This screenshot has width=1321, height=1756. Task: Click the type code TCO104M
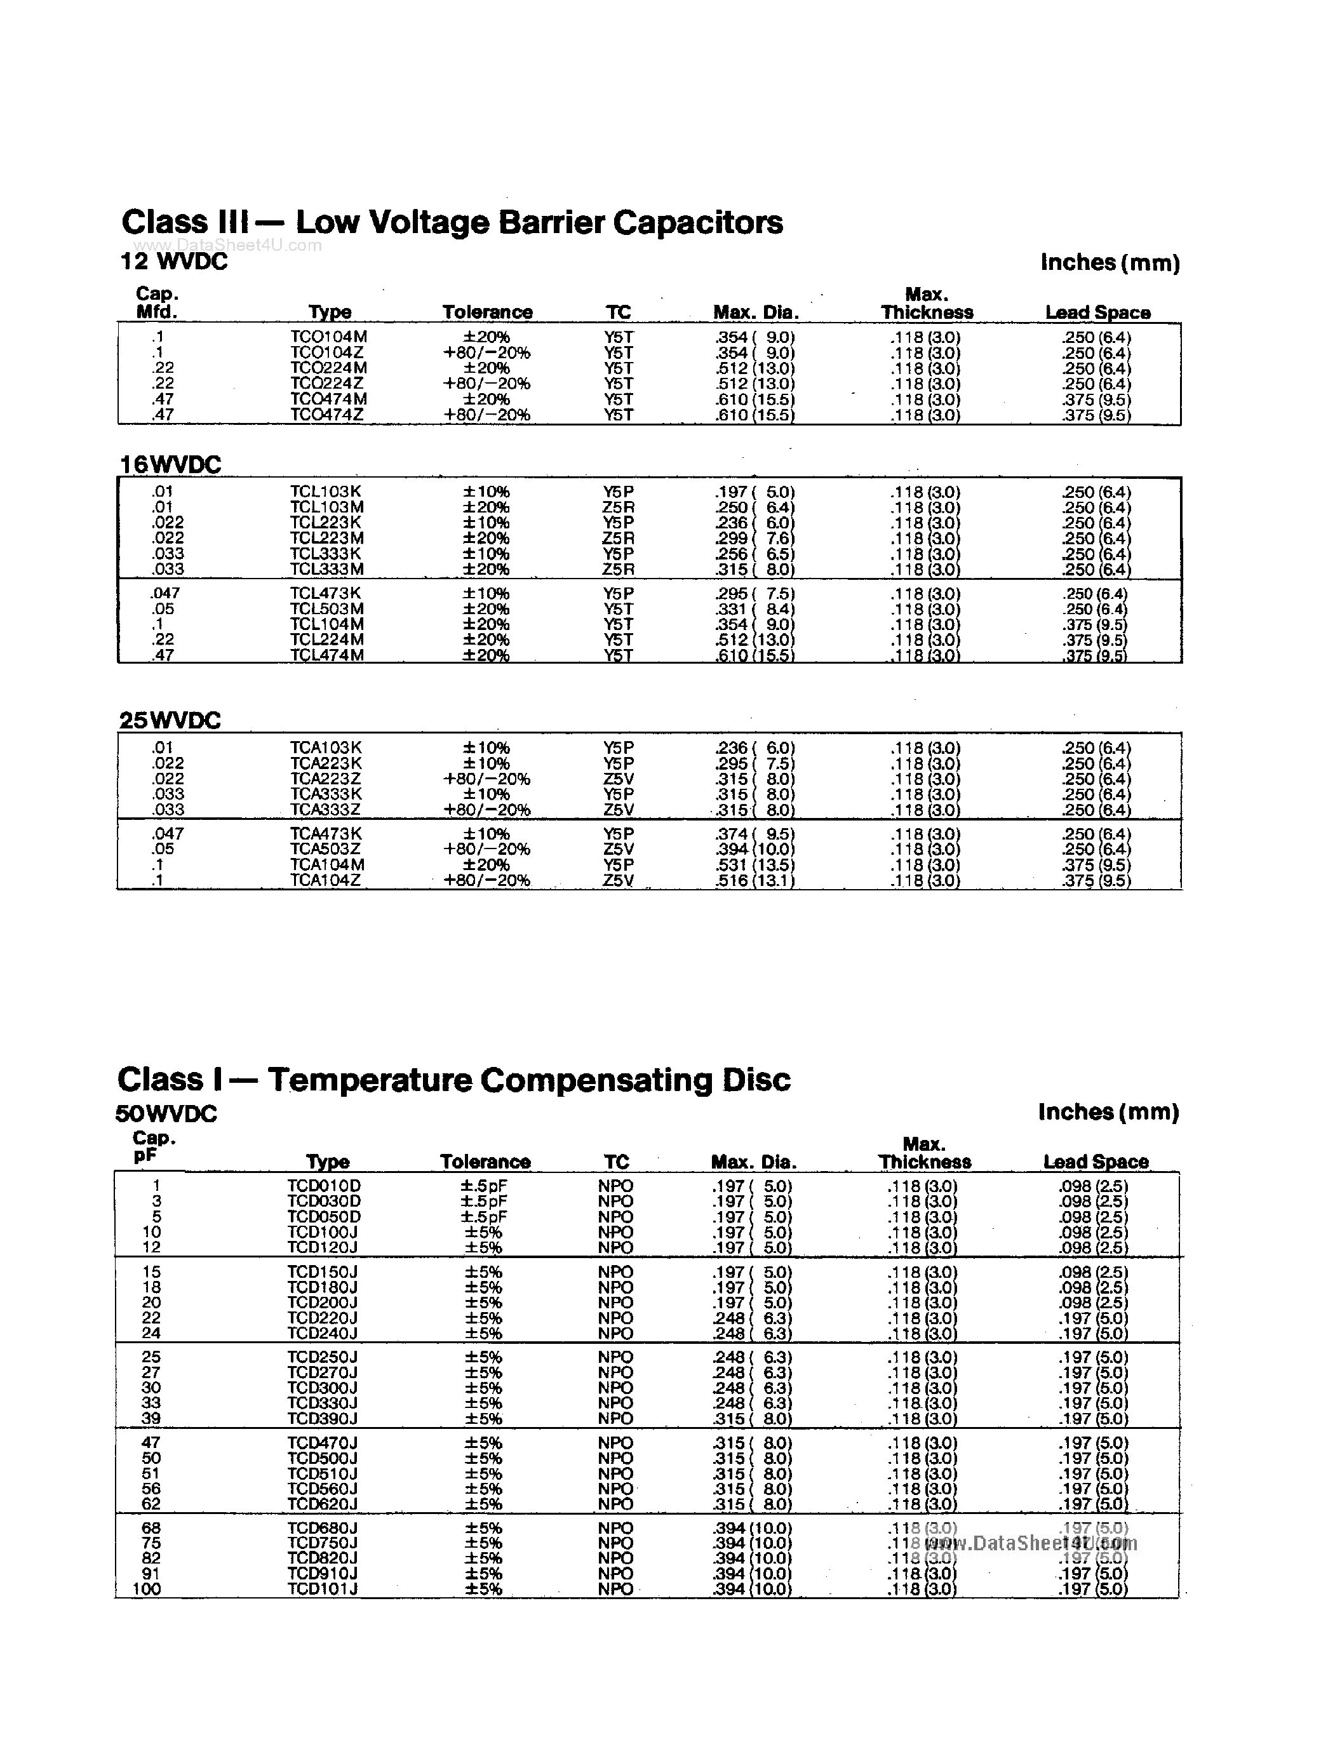click(x=328, y=337)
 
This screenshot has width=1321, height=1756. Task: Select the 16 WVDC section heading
click(x=170, y=464)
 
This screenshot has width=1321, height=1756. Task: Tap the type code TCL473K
click(x=325, y=593)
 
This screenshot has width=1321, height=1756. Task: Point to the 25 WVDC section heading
click(x=170, y=720)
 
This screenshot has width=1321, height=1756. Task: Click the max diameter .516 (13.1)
click(x=755, y=880)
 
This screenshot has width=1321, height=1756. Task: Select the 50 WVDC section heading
click(x=166, y=1114)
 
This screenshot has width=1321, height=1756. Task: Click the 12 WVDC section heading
click(x=173, y=262)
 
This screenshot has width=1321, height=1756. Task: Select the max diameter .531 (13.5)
click(x=755, y=864)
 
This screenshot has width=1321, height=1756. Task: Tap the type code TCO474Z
click(x=327, y=414)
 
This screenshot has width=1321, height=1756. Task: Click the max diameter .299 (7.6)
click(x=755, y=539)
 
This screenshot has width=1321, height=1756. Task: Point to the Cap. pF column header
click(x=153, y=1147)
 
